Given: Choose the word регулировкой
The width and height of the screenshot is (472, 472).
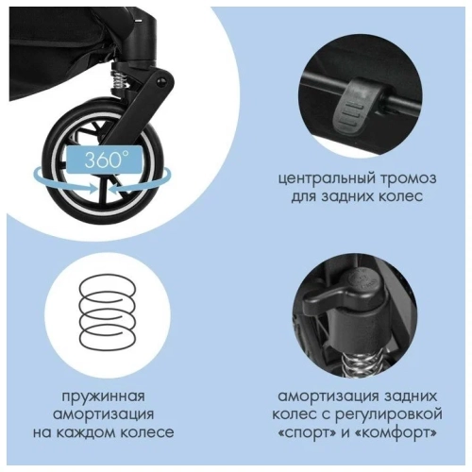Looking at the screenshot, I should click(x=399, y=413).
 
